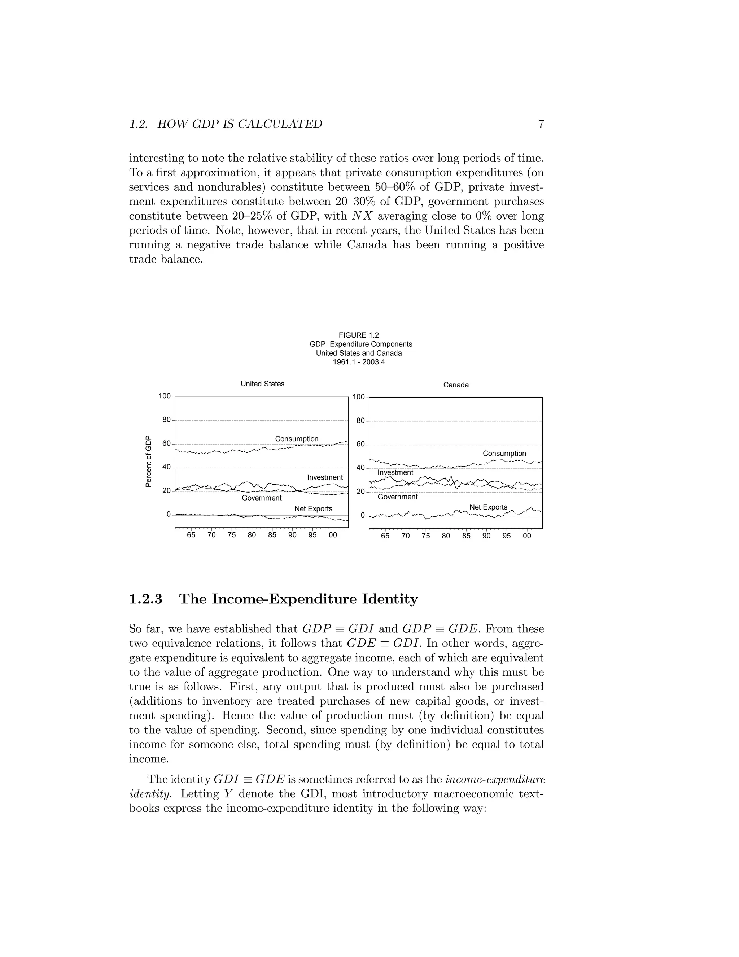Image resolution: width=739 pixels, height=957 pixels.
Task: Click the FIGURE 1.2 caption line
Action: [x=359, y=335]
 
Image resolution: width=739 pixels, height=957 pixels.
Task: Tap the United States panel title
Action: [x=262, y=384]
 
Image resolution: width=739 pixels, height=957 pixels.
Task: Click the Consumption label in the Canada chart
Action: [x=504, y=454]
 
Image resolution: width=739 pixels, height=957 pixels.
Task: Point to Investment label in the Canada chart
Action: [x=395, y=472]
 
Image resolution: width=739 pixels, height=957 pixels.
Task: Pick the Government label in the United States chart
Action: [x=262, y=498]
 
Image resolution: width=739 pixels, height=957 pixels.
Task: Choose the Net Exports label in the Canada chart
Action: [x=488, y=507]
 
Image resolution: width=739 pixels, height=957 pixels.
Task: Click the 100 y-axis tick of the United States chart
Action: [x=165, y=396]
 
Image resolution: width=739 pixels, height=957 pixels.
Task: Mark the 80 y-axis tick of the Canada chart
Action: [x=360, y=421]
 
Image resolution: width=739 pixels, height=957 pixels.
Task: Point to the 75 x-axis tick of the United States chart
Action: [x=232, y=535]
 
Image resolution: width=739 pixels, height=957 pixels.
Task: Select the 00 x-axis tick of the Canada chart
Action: [x=527, y=536]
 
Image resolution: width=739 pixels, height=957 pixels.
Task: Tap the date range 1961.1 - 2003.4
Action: [x=359, y=362]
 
